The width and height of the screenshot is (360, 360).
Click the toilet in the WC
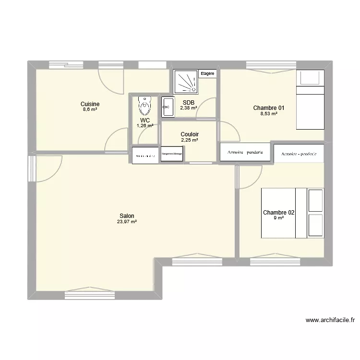[144, 106]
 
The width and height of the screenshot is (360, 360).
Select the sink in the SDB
[168, 107]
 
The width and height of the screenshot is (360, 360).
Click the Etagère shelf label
[207, 74]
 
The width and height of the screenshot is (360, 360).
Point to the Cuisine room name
[90, 104]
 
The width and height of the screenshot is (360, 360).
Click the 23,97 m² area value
[127, 222]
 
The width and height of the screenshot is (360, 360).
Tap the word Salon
[127, 216]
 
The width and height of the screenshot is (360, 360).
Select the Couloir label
[190, 134]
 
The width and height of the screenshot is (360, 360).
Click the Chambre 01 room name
[269, 108]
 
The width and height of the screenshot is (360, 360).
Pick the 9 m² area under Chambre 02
[278, 218]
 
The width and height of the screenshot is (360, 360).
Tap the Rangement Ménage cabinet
[171, 154]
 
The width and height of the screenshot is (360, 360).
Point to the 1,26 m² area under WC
[144, 126]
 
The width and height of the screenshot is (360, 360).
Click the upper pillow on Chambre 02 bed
[315, 201]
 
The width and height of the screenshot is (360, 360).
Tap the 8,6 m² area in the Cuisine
[90, 109]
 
